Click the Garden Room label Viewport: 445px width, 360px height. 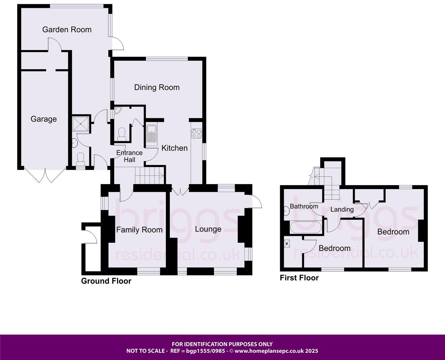(x=67, y=30)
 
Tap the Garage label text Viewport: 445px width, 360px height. (x=44, y=119)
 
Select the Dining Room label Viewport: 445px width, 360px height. (x=157, y=87)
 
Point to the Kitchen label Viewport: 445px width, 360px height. (x=174, y=148)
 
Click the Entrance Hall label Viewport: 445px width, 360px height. (x=130, y=156)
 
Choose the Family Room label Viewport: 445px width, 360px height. (x=139, y=230)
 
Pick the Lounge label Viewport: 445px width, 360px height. (x=208, y=229)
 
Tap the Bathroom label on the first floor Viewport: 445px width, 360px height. (x=304, y=207)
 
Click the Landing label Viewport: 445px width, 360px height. (x=342, y=209)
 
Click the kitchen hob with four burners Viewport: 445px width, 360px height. (x=197, y=133)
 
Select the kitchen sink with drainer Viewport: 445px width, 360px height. (x=152, y=135)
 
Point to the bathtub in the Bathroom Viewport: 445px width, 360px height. (x=306, y=228)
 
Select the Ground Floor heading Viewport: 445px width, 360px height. (x=106, y=281)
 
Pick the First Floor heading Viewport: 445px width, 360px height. (x=299, y=278)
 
